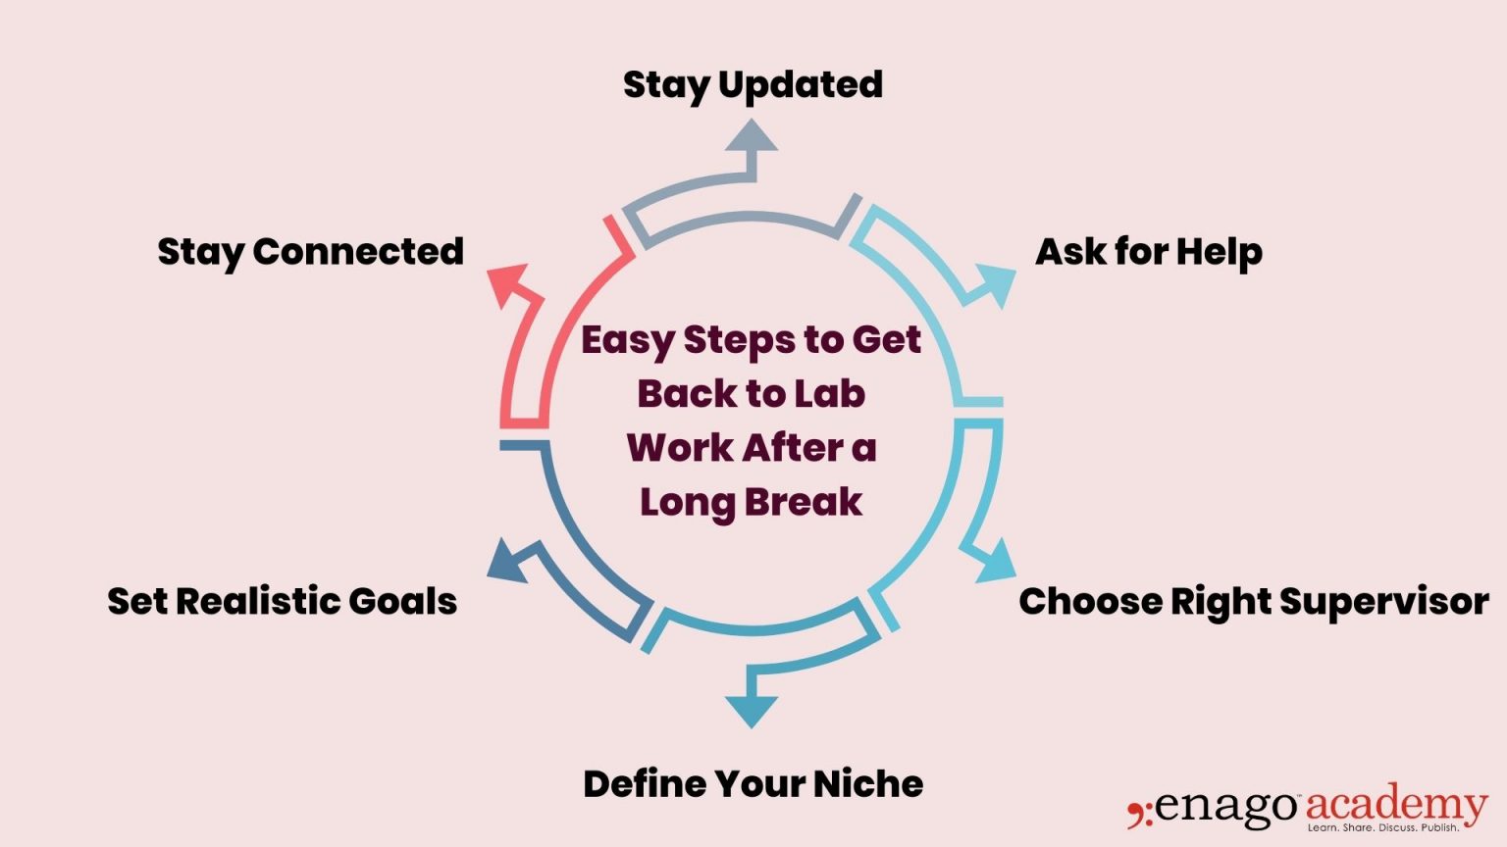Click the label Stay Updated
pos(753,85)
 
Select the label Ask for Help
pos(1148,252)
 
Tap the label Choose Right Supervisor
pos(1253,601)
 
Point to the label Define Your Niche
pos(753,784)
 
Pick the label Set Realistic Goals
pos(283,601)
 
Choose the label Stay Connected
pos(310,252)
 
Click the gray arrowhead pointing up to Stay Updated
pos(752,136)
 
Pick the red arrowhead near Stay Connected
pos(509,283)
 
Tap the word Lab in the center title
pos(829,394)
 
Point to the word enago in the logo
pos(1225,807)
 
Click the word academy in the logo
pos(1395,805)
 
